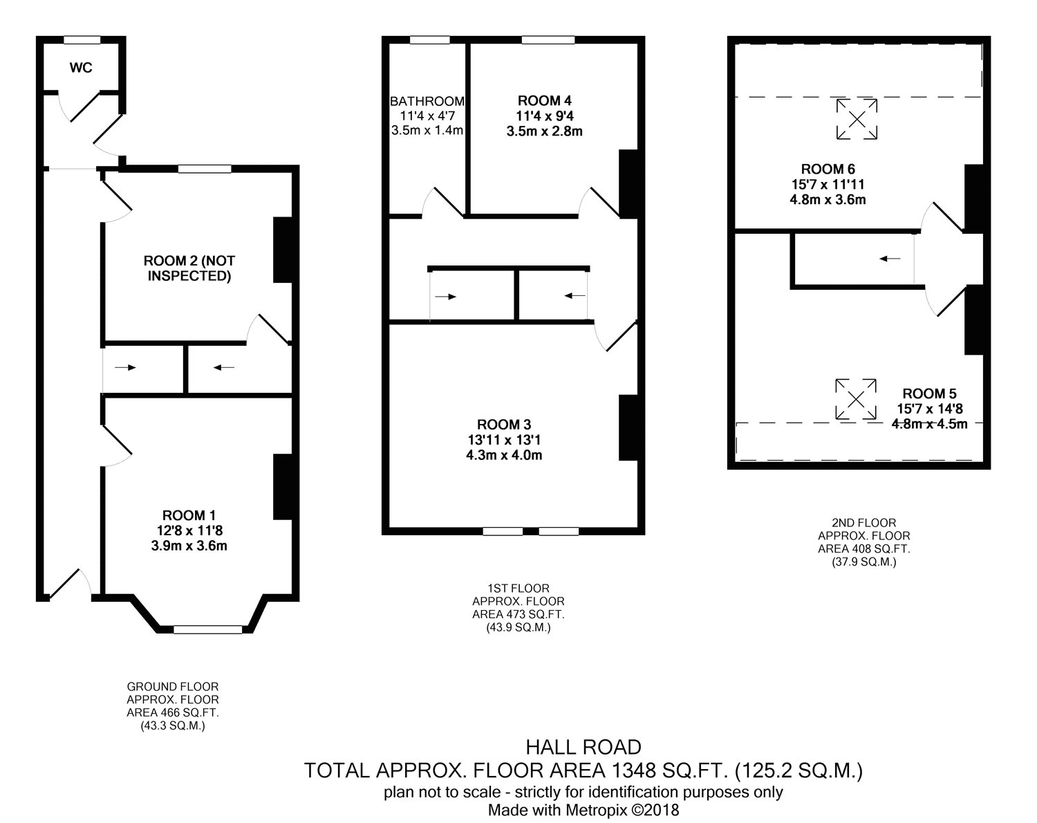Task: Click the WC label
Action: click(80, 68)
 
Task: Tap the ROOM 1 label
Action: click(189, 515)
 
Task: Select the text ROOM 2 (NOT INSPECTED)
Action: click(189, 268)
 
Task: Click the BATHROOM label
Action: click(427, 101)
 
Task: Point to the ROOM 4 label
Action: click(545, 101)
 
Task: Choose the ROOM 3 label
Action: click(504, 425)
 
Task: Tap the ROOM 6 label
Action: click(828, 169)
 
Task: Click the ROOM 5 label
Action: click(930, 394)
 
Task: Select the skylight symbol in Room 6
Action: click(857, 119)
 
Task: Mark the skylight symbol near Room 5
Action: click(856, 399)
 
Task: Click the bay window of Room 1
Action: click(207, 629)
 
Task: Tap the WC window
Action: click(82, 39)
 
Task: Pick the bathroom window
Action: click(430, 39)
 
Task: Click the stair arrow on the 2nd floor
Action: click(890, 259)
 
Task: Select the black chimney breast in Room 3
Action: click(628, 427)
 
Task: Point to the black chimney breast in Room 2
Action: click(283, 250)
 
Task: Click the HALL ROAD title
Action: click(583, 748)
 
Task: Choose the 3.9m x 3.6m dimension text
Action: click(189, 546)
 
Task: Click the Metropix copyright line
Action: click(583, 810)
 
